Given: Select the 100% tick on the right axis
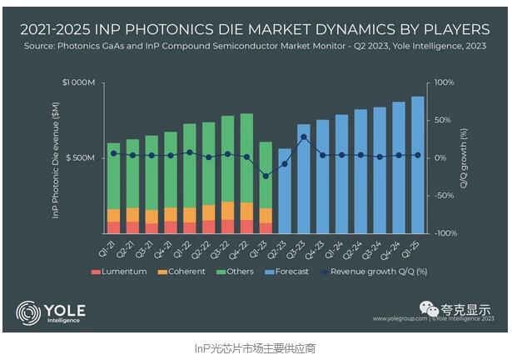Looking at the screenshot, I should [442, 82].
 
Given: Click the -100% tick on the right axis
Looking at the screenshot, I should [442, 232].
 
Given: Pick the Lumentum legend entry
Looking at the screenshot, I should [122, 271].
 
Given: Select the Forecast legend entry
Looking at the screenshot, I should [287, 271].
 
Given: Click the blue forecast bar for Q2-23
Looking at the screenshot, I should [284, 192].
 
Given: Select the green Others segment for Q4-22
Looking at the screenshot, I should [246, 158].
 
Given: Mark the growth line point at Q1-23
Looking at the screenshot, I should [266, 176].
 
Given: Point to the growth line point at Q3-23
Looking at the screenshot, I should [304, 137].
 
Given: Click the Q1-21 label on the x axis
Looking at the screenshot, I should [111, 245].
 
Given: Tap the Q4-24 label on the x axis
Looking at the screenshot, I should [396, 246].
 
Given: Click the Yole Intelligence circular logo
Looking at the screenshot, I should [27, 313].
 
